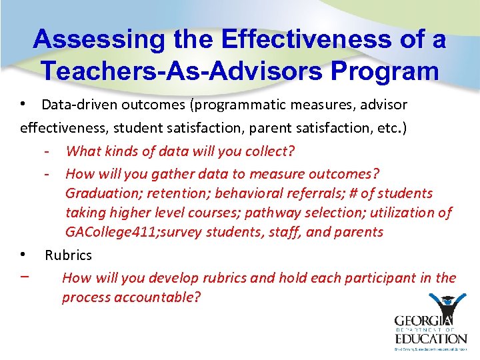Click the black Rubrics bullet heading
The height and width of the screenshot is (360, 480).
68,255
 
